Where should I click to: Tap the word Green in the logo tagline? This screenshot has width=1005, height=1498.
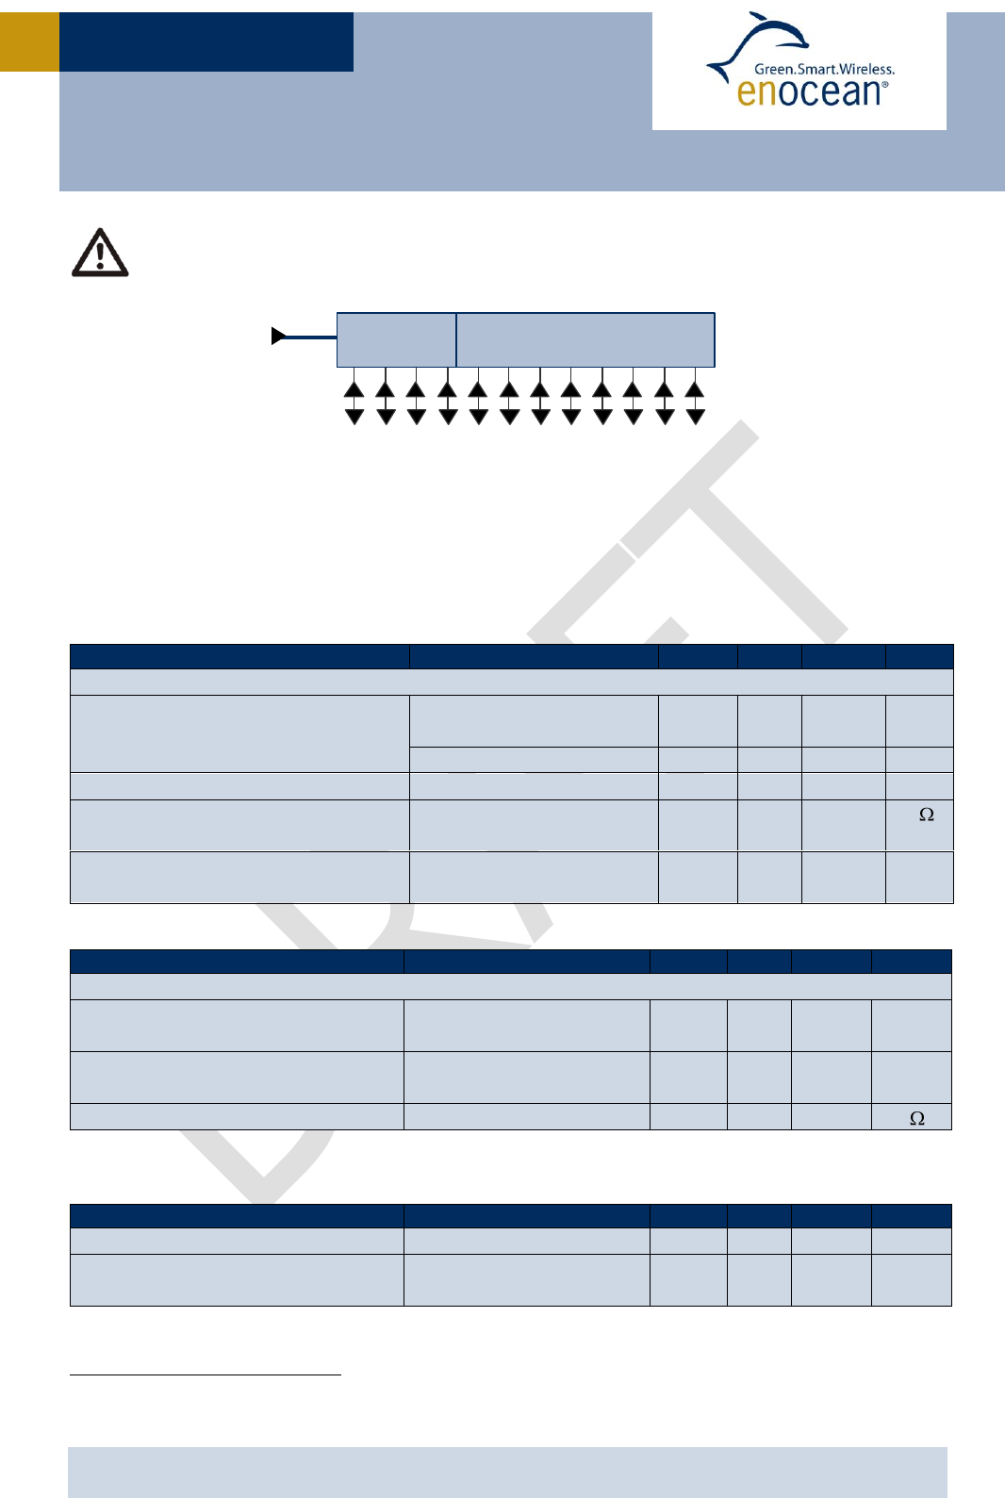click(x=773, y=69)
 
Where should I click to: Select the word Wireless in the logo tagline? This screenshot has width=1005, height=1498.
click(x=865, y=69)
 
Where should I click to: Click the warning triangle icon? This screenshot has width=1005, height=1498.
click(x=100, y=254)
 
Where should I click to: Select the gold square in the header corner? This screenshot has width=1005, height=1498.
click(x=29, y=41)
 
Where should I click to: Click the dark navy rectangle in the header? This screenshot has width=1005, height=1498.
click(x=206, y=41)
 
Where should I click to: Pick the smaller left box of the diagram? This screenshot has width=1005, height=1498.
click(x=396, y=339)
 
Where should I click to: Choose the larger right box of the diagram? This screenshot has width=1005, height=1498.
click(x=585, y=339)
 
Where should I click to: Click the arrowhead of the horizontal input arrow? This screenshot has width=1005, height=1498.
click(x=278, y=336)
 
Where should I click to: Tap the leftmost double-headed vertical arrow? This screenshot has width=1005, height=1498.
click(x=354, y=403)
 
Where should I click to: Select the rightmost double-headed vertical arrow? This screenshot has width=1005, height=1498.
click(x=695, y=403)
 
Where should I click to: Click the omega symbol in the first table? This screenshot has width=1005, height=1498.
click(x=927, y=815)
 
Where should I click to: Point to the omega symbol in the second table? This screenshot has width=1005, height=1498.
click(x=917, y=1118)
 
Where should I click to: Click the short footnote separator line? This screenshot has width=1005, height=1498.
click(x=205, y=1375)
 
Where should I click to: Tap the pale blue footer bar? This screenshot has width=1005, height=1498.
click(x=507, y=1472)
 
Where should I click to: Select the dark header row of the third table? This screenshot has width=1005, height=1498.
click(x=510, y=1215)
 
